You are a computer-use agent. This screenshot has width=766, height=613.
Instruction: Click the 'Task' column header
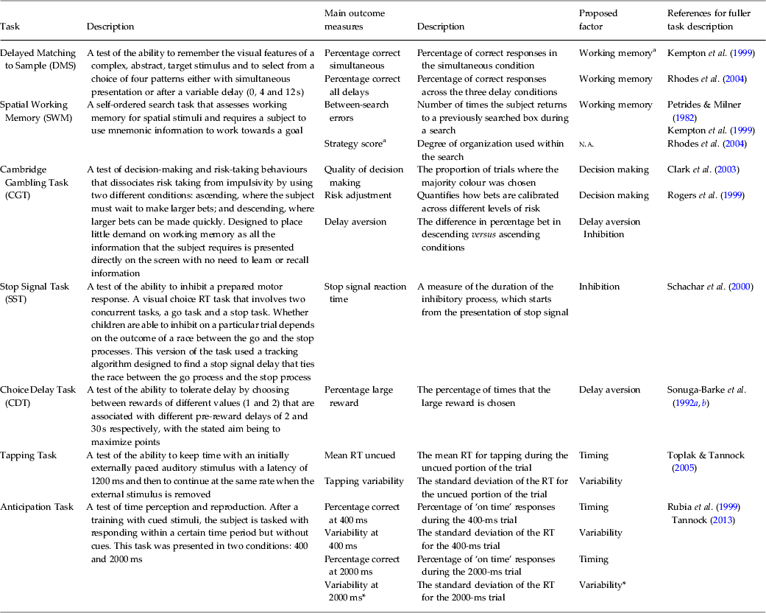(x=10, y=27)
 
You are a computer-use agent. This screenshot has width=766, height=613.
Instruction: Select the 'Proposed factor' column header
(x=597, y=20)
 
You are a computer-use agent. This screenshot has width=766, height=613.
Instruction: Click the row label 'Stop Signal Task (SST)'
(x=29, y=293)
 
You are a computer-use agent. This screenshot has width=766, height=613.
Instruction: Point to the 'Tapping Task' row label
(x=28, y=455)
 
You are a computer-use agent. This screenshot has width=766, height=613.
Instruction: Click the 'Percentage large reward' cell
(x=358, y=396)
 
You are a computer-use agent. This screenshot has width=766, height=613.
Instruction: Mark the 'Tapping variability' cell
(x=364, y=481)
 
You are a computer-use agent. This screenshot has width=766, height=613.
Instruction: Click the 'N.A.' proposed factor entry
(x=586, y=144)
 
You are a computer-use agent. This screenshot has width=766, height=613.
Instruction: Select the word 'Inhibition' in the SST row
(x=599, y=287)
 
